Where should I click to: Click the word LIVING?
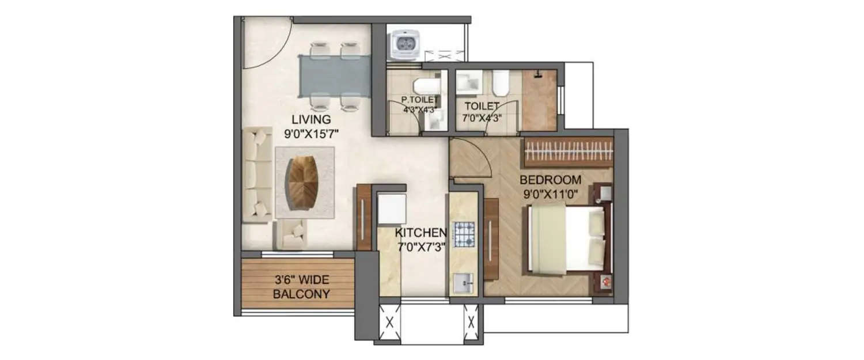[x=310, y=120]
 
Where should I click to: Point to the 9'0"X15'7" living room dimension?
[x=310, y=133]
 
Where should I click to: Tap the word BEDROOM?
[x=551, y=179]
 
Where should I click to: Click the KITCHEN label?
[x=420, y=233]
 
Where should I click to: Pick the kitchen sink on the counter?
[x=464, y=283]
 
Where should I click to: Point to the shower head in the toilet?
[x=538, y=74]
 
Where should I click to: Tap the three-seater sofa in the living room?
[x=256, y=175]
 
